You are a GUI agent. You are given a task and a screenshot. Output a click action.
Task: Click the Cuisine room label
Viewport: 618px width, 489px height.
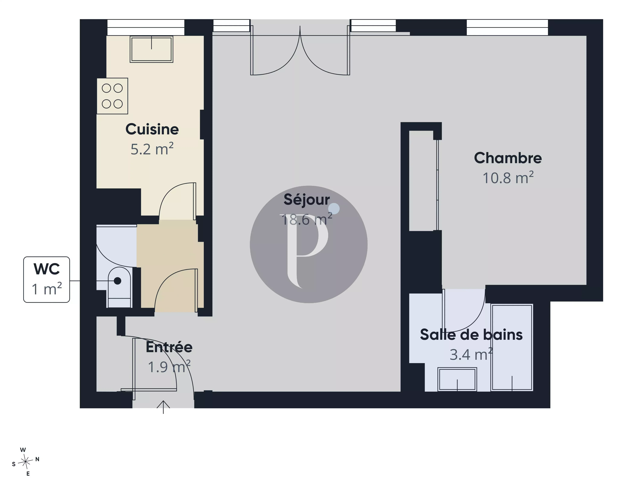pyautogui.click(x=152, y=129)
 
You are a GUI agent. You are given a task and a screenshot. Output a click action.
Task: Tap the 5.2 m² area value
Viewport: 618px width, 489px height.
pyautogui.click(x=152, y=149)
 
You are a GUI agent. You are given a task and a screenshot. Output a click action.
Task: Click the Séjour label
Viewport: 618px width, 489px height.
pyautogui.click(x=307, y=200)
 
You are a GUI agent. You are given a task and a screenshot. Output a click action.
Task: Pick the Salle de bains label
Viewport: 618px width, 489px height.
pyautogui.click(x=471, y=334)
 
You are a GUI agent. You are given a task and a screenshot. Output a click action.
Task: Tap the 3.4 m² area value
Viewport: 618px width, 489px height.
pyautogui.click(x=471, y=354)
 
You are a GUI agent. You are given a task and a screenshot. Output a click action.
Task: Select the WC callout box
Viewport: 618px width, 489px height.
pyautogui.click(x=46, y=279)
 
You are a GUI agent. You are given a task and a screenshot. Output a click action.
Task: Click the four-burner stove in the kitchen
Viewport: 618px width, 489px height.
pyautogui.click(x=112, y=96)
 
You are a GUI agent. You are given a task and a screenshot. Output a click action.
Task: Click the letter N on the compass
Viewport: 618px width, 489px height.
pyautogui.click(x=37, y=459)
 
